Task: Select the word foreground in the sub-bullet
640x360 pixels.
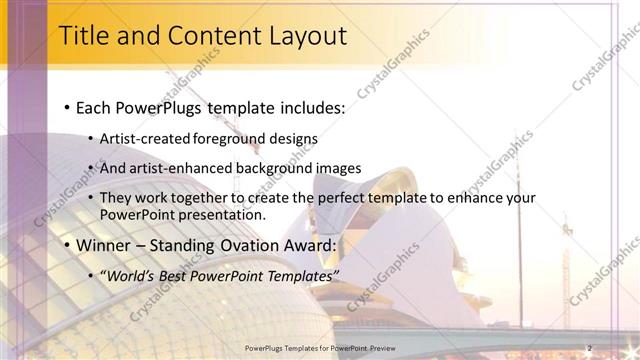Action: pyautogui.click(x=228, y=138)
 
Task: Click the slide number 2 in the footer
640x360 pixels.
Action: pyautogui.click(x=590, y=348)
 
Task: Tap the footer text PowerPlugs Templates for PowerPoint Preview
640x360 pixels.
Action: pyautogui.click(x=320, y=348)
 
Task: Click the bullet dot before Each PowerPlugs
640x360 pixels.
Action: pyautogui.click(x=66, y=106)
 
